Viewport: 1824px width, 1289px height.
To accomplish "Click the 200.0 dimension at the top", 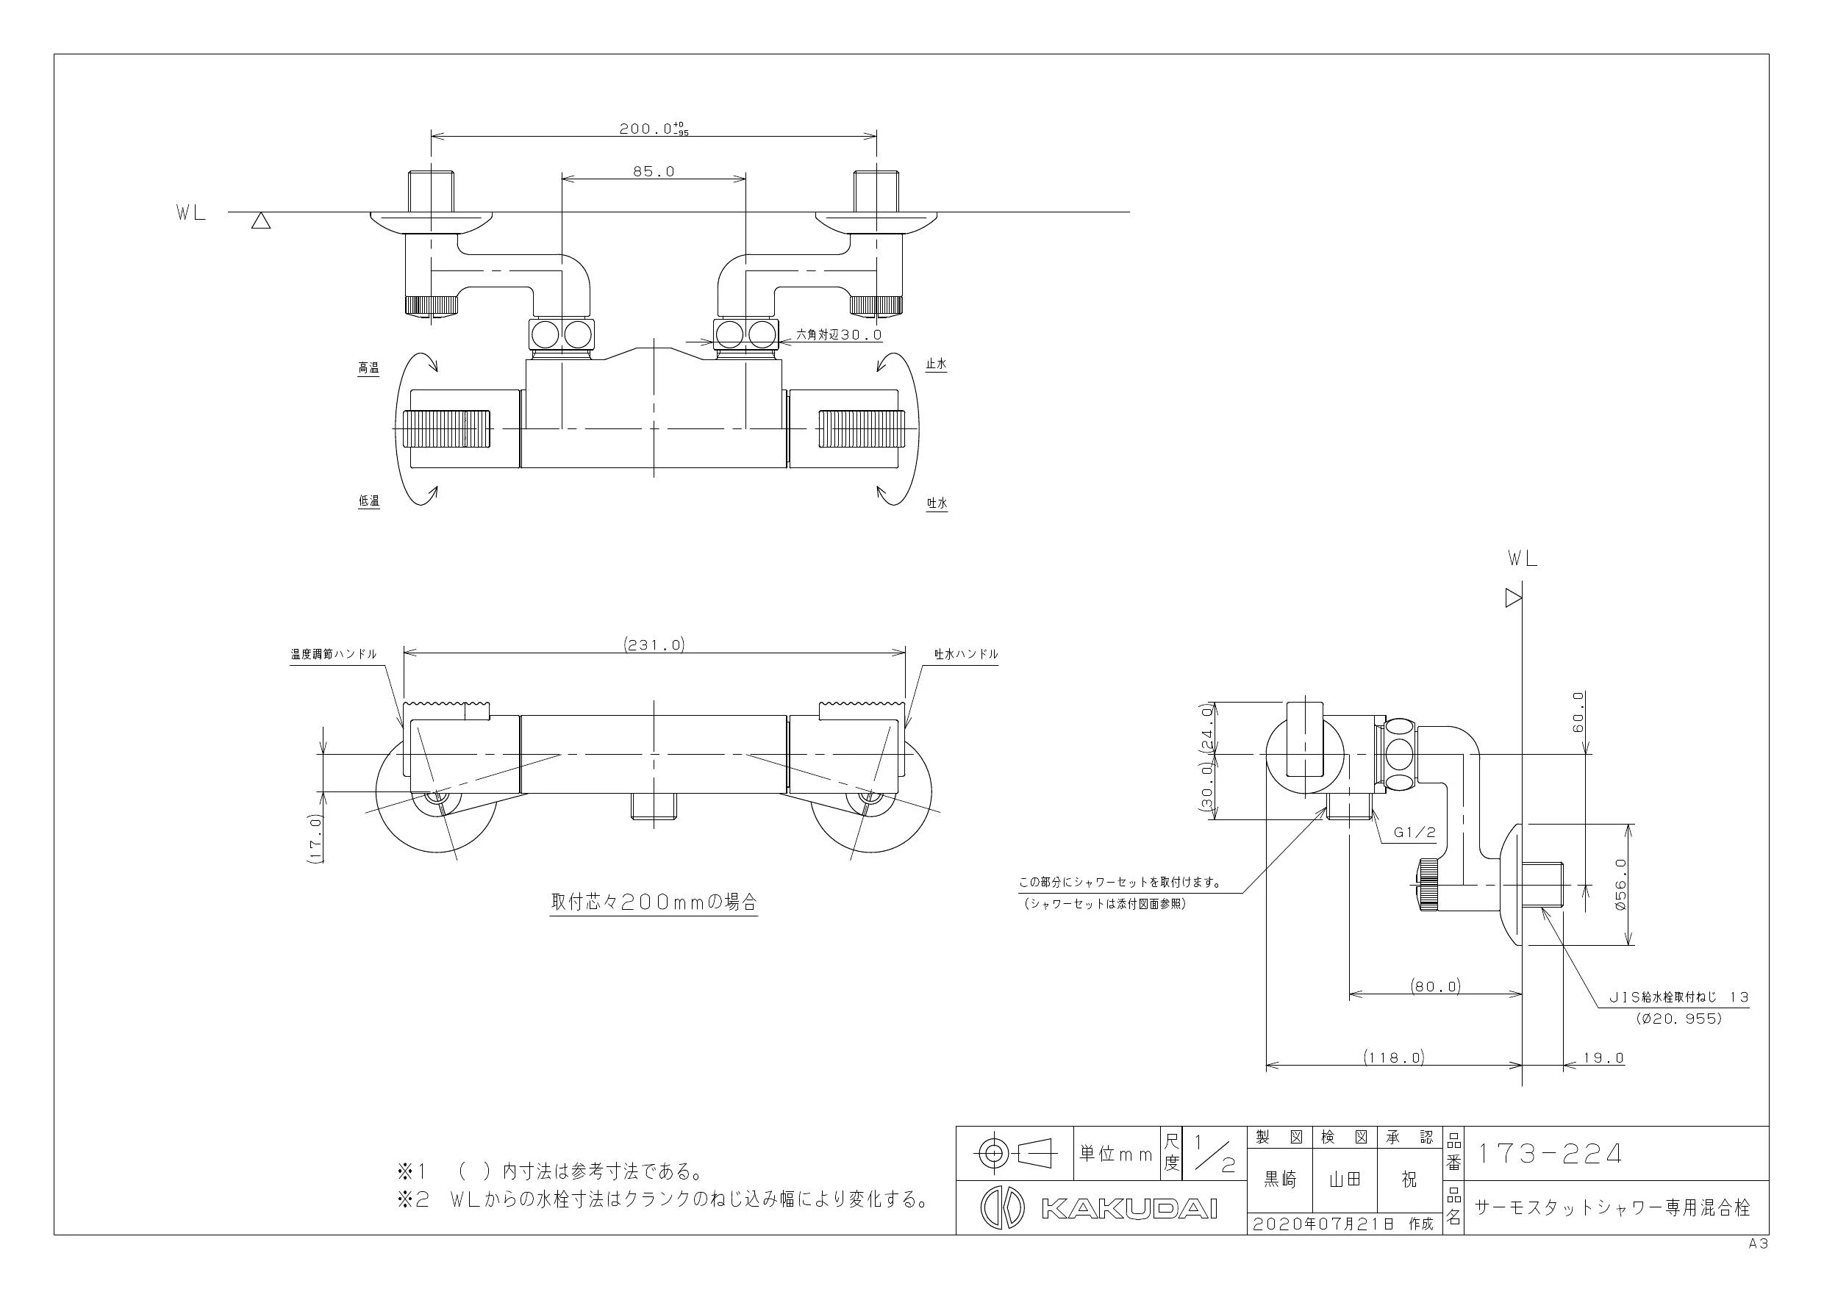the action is [x=654, y=128].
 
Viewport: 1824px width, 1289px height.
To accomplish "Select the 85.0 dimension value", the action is [x=654, y=170].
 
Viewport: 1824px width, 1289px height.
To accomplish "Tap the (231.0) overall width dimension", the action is [x=654, y=645].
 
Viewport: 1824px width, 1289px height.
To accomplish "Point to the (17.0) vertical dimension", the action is [x=315, y=838].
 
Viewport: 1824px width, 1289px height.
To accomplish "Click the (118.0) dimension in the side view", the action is [x=1394, y=1057].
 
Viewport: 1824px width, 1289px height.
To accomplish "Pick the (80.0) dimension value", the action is [x=1436, y=986].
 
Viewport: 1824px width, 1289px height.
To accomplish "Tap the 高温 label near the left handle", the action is [x=368, y=367].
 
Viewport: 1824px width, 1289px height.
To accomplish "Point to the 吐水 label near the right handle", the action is [x=937, y=503].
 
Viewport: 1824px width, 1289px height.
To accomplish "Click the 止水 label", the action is [x=937, y=365].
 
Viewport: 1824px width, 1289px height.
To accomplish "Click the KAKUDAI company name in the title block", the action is [x=1129, y=1209].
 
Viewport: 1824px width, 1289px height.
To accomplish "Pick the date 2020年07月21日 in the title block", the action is [x=1323, y=1224].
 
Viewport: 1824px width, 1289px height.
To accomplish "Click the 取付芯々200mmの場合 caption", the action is [x=654, y=902].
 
